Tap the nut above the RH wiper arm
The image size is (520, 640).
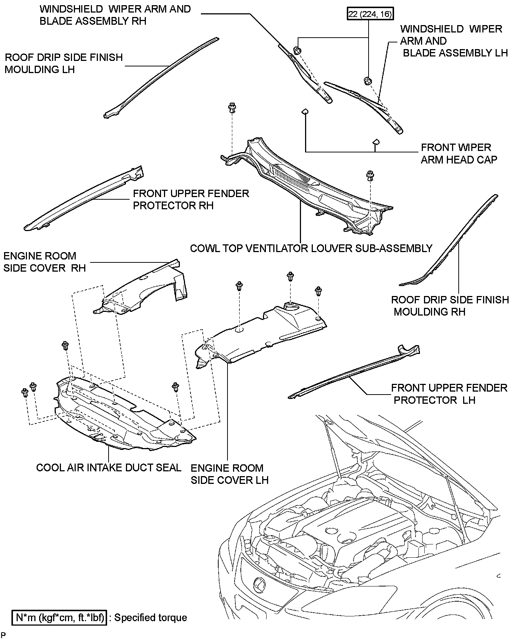297,49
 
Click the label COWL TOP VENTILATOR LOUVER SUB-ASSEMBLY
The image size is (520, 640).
311,248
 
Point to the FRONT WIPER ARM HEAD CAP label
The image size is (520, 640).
459,154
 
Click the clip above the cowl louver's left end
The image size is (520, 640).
232,109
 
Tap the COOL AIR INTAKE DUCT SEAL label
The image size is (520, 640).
109,468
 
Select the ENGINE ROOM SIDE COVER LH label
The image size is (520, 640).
229,474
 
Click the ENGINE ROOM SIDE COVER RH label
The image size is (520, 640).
44,262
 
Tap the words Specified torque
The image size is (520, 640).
150,617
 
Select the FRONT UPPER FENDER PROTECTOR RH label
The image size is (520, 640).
191,199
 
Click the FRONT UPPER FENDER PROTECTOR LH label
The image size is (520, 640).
449,394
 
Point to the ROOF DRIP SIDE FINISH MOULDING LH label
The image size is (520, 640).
64,63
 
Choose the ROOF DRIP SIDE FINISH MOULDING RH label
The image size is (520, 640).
450,306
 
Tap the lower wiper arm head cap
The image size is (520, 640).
375,142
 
